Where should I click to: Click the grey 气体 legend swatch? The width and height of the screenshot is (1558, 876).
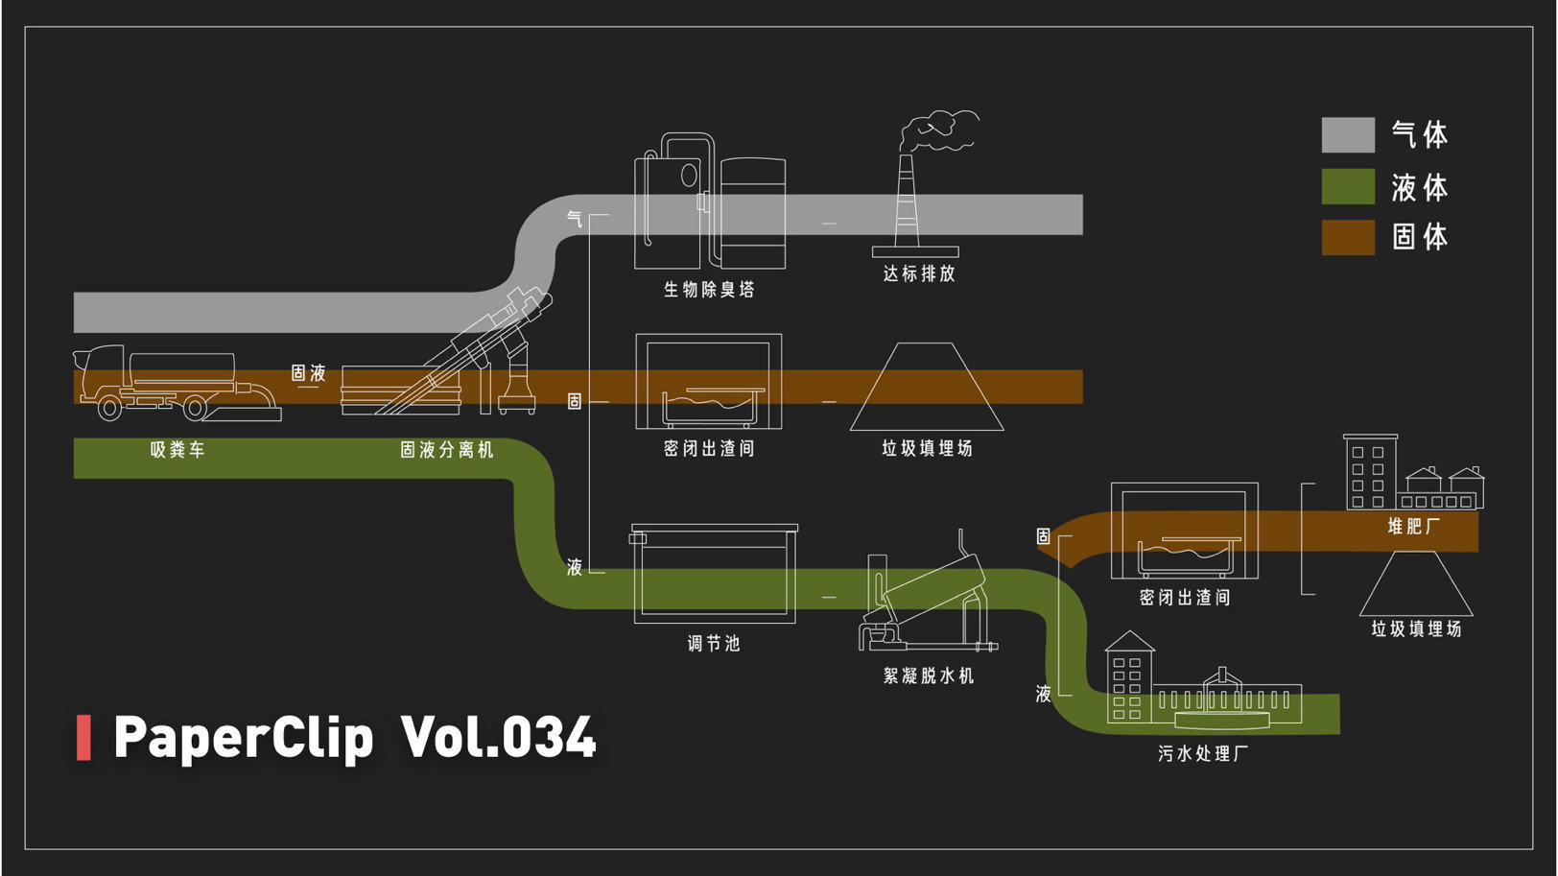1348,135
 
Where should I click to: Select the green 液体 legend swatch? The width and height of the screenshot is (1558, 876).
1348,187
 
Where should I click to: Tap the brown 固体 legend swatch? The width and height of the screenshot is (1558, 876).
1348,237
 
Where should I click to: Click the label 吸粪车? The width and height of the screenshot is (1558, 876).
177,449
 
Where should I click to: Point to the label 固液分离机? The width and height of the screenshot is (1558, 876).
447,449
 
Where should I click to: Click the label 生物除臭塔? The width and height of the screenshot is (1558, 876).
709,289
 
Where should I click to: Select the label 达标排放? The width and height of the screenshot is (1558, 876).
919,273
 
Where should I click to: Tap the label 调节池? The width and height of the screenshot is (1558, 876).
714,643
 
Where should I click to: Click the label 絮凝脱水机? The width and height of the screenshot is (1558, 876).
929,675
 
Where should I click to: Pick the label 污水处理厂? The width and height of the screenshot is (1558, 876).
1203,753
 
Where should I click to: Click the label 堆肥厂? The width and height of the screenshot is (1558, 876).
1413,526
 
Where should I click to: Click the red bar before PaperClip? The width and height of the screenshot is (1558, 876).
83,737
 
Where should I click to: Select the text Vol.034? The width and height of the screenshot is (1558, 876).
499,737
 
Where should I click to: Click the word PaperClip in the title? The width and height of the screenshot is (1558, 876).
243,737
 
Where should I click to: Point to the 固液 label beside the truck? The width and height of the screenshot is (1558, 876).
308,372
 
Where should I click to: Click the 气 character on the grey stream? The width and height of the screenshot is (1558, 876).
575,219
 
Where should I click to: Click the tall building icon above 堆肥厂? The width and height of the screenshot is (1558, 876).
1369,471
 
